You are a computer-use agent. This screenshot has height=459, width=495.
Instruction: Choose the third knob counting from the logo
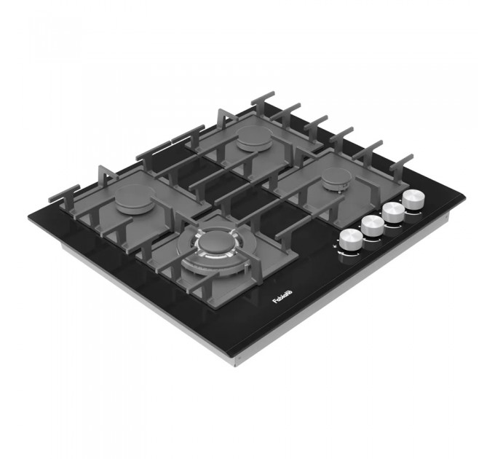(x=394, y=210)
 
